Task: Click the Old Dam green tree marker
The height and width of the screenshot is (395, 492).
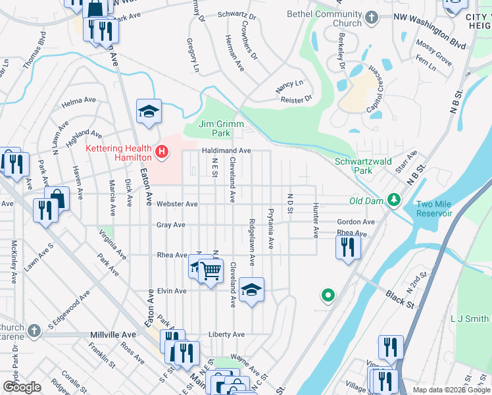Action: point(394,199)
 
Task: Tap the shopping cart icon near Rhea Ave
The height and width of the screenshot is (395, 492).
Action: point(210,269)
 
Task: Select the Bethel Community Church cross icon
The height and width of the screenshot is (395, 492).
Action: point(372,18)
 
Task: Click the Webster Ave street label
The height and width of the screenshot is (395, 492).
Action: point(177,204)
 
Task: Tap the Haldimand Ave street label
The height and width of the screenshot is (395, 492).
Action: point(226,151)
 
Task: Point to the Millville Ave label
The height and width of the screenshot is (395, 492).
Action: point(112,335)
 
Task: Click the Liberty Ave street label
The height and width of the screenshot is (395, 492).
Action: point(226,334)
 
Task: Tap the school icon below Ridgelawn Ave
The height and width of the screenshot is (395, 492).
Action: point(251,290)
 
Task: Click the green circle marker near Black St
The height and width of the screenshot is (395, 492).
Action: point(327,296)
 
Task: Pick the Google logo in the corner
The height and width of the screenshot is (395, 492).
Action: point(22,387)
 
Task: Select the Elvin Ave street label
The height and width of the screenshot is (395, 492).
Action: point(172,291)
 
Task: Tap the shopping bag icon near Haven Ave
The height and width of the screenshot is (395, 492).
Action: point(57,197)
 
